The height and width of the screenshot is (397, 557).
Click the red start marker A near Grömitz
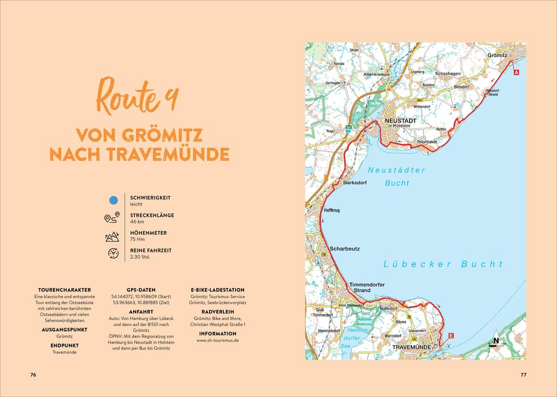tap(516, 72)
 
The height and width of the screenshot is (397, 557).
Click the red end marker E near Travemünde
tap(451, 335)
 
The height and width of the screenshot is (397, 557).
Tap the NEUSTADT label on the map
tap(400, 120)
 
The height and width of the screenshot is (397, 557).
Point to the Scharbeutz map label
tap(345, 248)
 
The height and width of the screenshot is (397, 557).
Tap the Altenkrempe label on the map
tap(376, 74)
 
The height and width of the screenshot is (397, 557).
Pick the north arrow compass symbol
tap(496, 339)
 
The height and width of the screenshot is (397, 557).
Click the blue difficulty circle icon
tap(114, 200)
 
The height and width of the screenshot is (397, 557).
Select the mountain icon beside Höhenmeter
tap(112, 236)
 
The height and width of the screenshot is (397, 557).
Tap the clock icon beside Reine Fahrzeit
tap(113, 253)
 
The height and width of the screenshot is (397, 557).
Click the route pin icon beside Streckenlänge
tap(111, 218)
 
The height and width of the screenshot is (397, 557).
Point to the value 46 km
tap(137, 222)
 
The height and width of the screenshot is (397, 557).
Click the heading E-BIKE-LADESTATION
tap(217, 290)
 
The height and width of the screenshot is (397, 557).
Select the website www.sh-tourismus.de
tap(217, 340)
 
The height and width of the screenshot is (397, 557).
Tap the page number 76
tap(33, 375)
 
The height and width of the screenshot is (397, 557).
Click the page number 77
tap(523, 375)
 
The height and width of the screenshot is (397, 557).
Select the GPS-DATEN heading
tap(141, 290)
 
